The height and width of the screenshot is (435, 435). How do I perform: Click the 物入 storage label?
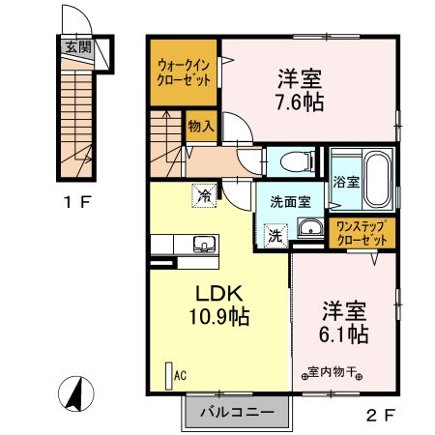click(200, 126)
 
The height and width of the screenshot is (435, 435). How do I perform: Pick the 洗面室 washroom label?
click(289, 201)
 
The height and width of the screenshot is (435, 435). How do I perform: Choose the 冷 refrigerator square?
click(205, 195)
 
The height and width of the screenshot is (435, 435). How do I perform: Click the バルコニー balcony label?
click(230, 413)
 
